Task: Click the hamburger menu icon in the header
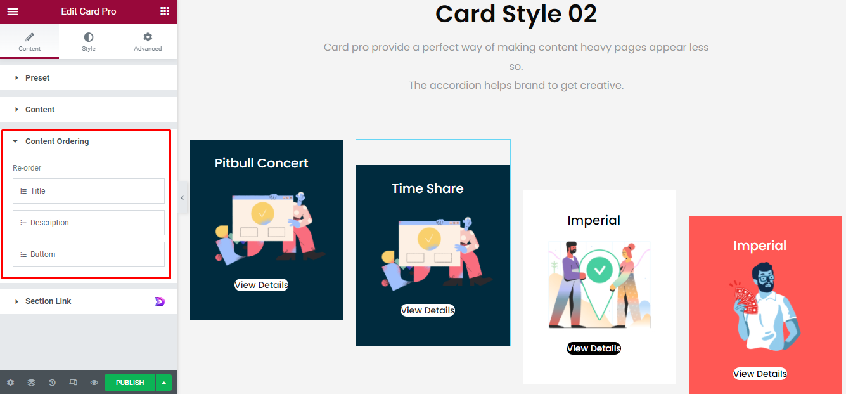coord(13,11)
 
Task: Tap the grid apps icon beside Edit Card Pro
coord(165,11)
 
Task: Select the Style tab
coord(88,42)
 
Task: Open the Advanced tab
coord(148,42)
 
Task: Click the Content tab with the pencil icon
coord(29,42)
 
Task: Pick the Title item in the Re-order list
coord(89,191)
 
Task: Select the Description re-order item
coord(89,223)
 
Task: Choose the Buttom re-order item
coord(89,254)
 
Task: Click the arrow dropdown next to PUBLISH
coord(164,383)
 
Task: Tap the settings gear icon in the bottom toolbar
coord(11,383)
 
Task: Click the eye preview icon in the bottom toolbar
coord(94,383)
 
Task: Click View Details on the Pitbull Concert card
coord(261,285)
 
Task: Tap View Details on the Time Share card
coord(428,310)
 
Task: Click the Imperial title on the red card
coord(760,246)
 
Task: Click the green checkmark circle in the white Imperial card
coord(599,270)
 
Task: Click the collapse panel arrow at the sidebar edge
coord(182,198)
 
